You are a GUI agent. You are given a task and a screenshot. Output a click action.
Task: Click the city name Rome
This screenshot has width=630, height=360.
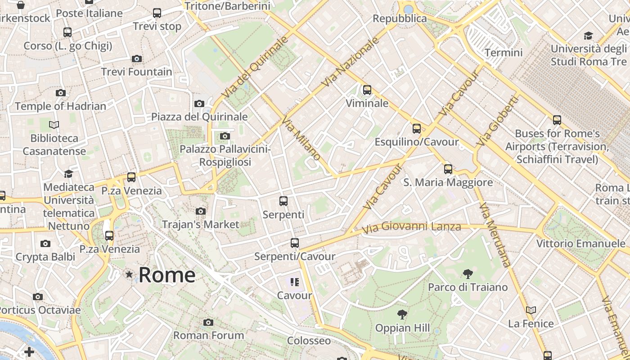167,275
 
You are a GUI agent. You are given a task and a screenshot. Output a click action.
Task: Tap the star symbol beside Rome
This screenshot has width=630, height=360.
130,274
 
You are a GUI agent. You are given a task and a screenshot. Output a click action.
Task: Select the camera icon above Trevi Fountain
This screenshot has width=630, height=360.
137,58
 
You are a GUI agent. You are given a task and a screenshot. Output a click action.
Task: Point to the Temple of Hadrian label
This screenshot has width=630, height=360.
60,106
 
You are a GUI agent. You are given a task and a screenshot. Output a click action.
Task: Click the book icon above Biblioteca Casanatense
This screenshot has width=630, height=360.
54,125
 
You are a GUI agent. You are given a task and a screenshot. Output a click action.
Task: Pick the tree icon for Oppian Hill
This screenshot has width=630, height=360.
402,315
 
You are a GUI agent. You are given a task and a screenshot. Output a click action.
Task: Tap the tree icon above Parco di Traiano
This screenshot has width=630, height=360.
468,274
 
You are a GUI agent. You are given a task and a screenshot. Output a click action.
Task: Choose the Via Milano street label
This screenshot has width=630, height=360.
301,138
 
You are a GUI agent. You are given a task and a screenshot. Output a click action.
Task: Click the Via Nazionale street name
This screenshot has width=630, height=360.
351,62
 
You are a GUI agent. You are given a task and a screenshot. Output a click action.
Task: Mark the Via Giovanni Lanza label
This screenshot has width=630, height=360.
412,228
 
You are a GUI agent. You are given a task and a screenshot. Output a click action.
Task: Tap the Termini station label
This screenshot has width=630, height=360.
504,53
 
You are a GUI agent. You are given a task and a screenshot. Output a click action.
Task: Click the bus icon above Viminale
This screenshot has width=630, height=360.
367,90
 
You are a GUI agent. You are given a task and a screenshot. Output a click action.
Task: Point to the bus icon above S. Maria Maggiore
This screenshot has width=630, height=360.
448,169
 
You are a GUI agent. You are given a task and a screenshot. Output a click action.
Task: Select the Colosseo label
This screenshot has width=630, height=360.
309,341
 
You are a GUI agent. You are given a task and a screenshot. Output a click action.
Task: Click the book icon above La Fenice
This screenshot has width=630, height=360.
531,310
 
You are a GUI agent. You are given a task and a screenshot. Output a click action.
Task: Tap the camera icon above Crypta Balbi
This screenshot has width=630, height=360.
45,244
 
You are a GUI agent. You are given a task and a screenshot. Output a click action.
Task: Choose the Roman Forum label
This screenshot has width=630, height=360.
209,335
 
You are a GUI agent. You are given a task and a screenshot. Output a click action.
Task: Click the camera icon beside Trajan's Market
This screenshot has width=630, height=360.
201,211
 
